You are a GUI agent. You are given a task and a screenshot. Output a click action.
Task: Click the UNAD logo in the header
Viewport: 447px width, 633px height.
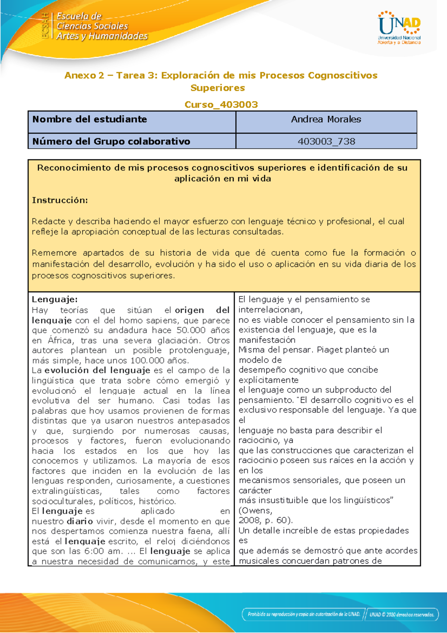399,28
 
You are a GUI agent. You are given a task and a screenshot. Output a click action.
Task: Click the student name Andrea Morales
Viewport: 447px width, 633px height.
326,119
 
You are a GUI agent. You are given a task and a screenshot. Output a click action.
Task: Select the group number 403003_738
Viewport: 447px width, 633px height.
326,141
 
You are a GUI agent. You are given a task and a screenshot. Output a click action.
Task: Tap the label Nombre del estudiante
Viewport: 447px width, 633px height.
89,119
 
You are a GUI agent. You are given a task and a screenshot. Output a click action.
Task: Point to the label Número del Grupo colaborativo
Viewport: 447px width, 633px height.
111,141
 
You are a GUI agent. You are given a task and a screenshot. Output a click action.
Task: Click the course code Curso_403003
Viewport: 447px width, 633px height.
221,104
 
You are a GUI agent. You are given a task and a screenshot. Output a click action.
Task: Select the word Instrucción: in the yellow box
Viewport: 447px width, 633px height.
60,200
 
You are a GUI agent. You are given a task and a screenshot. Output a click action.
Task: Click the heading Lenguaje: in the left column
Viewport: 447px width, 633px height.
54,299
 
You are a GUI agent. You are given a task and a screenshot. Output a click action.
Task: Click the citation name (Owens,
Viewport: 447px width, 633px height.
255,510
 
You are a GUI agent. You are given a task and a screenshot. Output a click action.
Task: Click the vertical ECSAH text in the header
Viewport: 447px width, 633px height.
45,25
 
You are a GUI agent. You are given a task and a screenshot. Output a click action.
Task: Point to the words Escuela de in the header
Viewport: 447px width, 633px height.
79,16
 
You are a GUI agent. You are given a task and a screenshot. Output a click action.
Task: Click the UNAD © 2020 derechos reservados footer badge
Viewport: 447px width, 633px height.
402,615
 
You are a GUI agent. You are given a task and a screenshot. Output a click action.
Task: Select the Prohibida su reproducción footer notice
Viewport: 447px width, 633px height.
304,614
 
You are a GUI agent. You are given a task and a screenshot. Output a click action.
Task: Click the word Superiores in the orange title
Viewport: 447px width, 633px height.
218,88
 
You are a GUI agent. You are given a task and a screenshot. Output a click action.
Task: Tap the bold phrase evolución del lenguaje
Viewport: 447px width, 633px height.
97,371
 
